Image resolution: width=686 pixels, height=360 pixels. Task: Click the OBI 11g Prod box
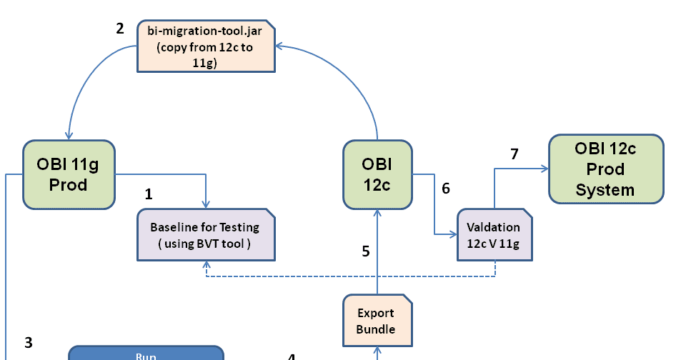tap(69, 174)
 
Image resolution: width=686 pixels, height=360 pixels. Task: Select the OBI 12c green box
tap(376, 174)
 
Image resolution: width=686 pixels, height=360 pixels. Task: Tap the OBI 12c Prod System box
tap(605, 169)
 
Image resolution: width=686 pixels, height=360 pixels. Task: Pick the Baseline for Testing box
tap(205, 235)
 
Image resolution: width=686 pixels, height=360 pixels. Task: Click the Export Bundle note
tap(376, 321)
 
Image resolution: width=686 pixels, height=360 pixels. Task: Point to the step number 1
tap(149, 194)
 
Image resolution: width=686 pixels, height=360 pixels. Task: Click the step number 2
tap(120, 29)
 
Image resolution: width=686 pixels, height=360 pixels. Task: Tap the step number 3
tap(29, 342)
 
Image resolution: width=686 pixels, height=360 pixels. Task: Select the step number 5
tap(366, 251)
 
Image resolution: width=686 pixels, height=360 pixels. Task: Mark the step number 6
tap(446, 189)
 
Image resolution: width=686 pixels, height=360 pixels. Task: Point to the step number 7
tap(514, 154)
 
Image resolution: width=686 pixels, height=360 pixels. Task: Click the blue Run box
tap(146, 354)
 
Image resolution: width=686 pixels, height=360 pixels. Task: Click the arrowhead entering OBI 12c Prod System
tap(545, 169)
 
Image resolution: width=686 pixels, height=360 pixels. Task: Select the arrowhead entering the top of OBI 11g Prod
tap(69, 136)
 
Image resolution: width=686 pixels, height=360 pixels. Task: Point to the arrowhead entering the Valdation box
tap(454, 234)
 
